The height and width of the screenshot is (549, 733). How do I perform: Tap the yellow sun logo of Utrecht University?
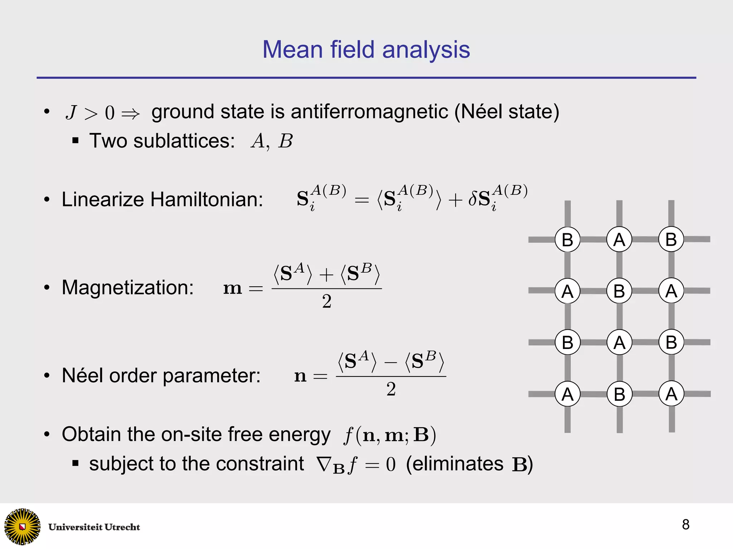pyautogui.click(x=22, y=526)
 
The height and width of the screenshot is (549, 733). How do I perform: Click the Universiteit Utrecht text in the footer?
pyautogui.click(x=94, y=527)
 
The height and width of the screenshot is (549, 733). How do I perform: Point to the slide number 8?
pyautogui.click(x=685, y=525)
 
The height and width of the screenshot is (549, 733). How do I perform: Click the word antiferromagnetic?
pyautogui.click(x=369, y=112)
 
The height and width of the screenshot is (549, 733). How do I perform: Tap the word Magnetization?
pyautogui.click(x=127, y=287)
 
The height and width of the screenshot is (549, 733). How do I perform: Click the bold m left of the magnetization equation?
pyautogui.click(x=233, y=288)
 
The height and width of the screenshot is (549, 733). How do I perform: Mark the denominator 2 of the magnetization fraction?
pyautogui.click(x=326, y=301)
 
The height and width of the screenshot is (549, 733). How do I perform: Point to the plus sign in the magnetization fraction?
pyautogui.click(x=326, y=275)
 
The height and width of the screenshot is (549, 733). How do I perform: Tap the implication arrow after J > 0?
pyautogui.click(x=130, y=114)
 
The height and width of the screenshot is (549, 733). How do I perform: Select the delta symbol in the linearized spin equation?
pyautogui.click(x=472, y=199)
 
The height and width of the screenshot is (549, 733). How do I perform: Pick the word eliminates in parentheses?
pyautogui.click(x=458, y=464)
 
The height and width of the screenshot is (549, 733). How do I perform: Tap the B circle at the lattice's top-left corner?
pyautogui.click(x=567, y=239)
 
